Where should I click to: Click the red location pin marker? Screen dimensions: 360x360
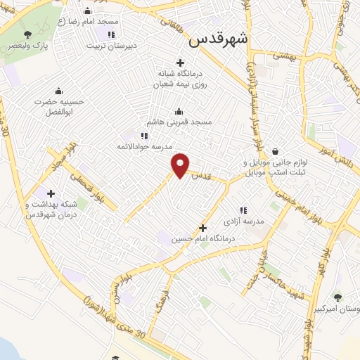(x=181, y=165)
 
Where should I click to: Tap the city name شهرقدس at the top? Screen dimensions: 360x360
(x=218, y=40)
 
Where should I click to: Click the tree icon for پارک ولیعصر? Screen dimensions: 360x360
(x=27, y=34)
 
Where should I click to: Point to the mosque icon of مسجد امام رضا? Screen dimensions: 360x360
(x=86, y=12)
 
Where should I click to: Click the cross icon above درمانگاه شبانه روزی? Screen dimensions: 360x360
(x=180, y=63)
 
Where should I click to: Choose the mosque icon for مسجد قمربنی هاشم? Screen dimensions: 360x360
(x=179, y=111)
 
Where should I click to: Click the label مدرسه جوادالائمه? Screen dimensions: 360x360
(x=144, y=146)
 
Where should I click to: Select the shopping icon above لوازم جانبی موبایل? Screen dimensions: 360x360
(x=274, y=150)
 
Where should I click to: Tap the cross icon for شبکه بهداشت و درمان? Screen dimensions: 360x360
(x=51, y=193)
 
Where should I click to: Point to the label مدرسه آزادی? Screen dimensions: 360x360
(x=243, y=221)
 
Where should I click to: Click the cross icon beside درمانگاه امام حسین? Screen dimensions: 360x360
(x=203, y=228)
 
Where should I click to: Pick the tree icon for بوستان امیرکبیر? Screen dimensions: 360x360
(x=337, y=297)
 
